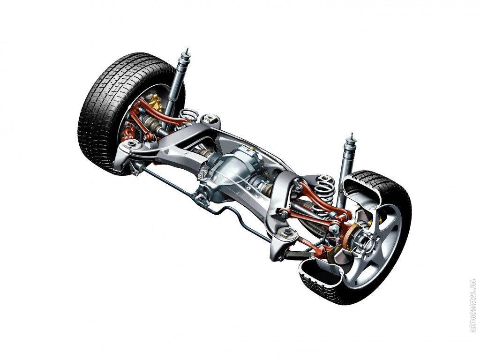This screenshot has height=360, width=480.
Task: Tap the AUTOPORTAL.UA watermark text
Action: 473,306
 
